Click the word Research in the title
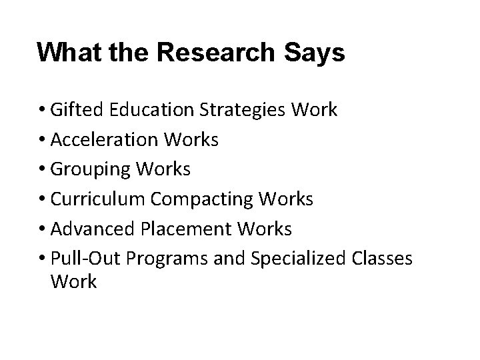(215, 52)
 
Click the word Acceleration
(100, 139)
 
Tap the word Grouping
(87, 169)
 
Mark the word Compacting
(193, 199)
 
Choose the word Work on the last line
(73, 282)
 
